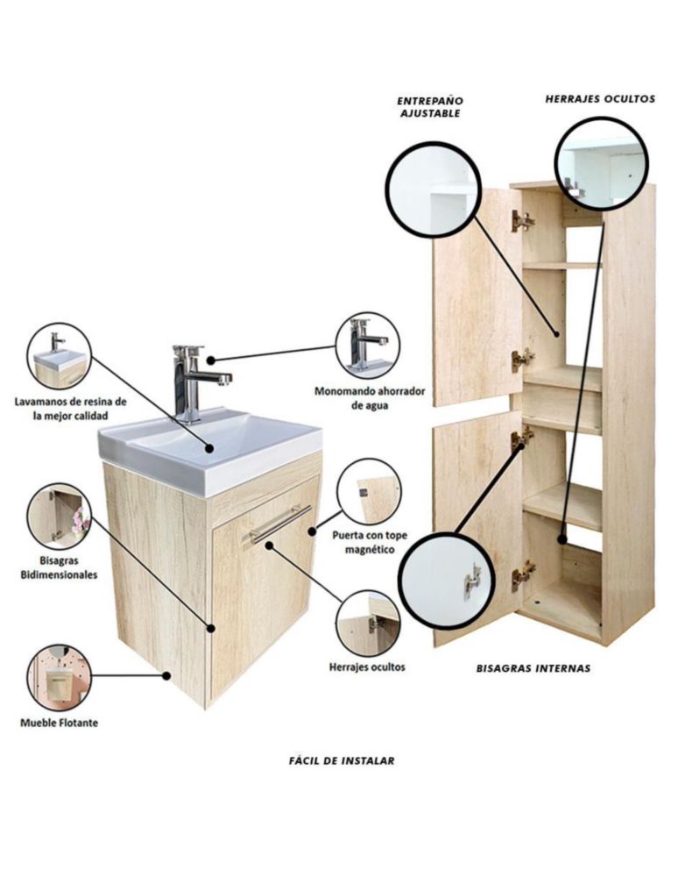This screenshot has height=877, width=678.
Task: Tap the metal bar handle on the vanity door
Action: click(279, 524)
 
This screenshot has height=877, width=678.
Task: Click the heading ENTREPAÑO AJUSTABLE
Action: click(430, 107)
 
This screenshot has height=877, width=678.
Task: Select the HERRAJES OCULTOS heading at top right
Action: click(600, 99)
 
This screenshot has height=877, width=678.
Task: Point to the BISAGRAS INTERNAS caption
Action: click(533, 667)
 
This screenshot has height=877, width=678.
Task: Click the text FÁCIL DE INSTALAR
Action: click(342, 760)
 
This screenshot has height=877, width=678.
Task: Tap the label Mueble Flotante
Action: click(60, 723)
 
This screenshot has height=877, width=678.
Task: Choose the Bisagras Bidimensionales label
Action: click(60, 567)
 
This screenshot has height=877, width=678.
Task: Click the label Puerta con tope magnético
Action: click(370, 543)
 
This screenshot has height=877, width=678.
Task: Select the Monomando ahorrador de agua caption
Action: click(370, 397)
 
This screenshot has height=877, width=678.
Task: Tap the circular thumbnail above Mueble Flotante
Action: click(60, 678)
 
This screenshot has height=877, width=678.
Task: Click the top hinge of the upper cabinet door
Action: click(522, 221)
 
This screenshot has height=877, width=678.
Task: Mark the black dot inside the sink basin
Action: click(209, 448)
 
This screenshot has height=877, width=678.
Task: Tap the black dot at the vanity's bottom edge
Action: click(166, 675)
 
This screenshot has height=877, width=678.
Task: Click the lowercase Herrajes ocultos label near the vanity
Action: click(367, 667)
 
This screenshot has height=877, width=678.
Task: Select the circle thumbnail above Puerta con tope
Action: click(370, 492)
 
